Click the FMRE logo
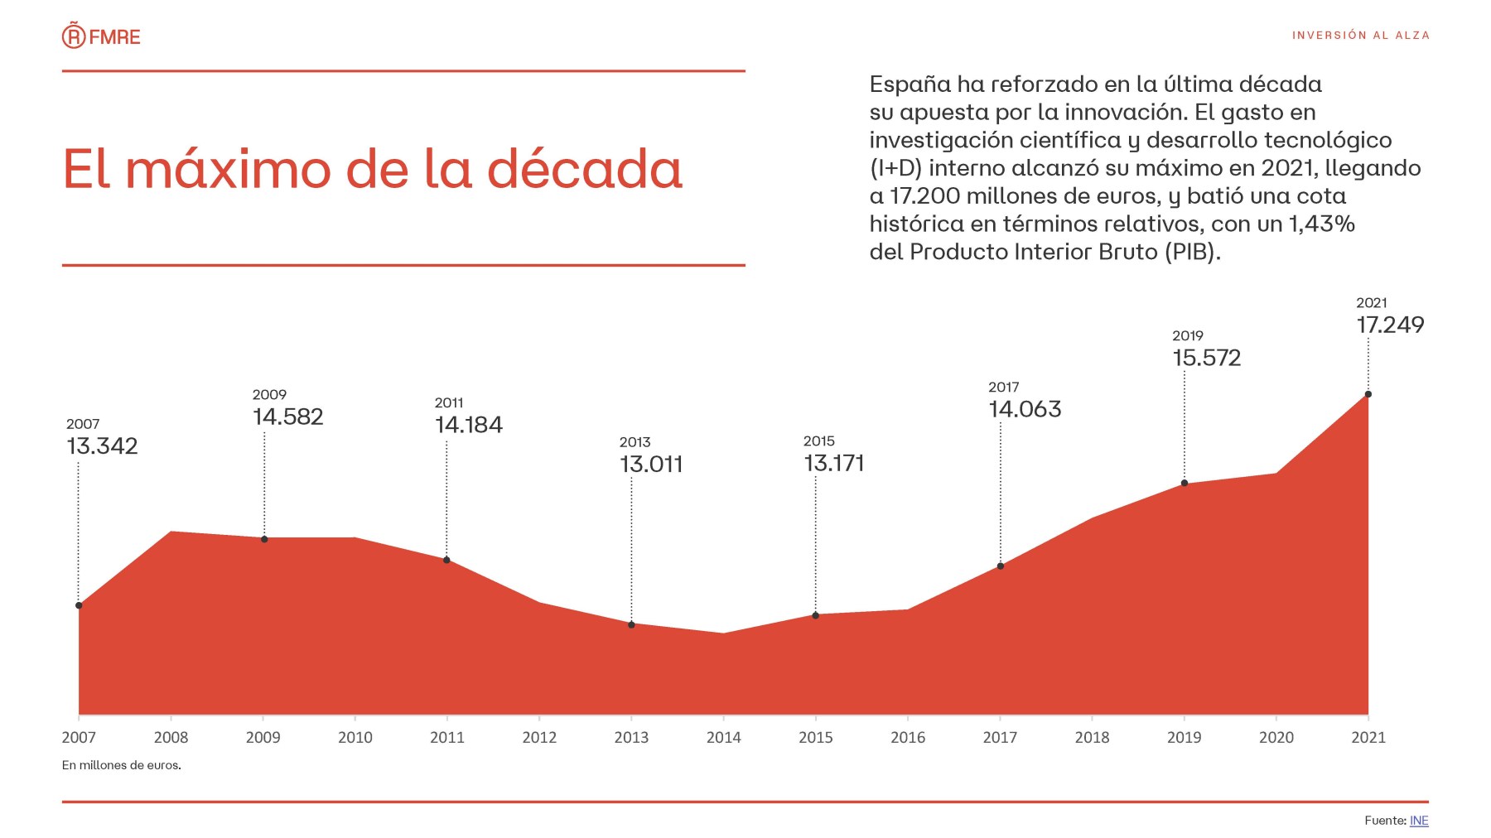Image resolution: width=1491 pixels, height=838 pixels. click(101, 36)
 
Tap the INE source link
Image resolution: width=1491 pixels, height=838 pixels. click(1419, 821)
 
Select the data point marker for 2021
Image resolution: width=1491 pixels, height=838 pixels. click(1368, 394)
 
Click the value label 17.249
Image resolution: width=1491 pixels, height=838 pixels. click(1390, 325)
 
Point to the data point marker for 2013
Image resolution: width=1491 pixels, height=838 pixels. click(631, 625)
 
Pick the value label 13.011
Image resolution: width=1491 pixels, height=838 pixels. click(651, 465)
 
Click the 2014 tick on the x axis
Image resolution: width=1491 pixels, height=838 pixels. click(723, 737)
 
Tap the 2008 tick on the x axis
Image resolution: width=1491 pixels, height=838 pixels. click(171, 737)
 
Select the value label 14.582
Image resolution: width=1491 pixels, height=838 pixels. click(287, 417)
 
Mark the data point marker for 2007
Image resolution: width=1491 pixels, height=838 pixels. click(79, 605)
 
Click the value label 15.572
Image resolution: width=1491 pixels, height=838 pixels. click(1206, 359)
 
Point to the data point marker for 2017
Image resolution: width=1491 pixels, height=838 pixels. click(1001, 566)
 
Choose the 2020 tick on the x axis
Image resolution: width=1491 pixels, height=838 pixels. click(1276, 737)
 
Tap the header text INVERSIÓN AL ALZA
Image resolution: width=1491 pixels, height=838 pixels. click(1360, 36)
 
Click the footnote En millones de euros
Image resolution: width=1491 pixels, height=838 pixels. click(122, 765)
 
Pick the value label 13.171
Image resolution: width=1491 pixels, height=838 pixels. click(834, 464)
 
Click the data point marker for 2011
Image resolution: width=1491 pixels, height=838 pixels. click(446, 561)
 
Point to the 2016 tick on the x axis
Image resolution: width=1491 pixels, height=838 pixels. click(908, 737)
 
